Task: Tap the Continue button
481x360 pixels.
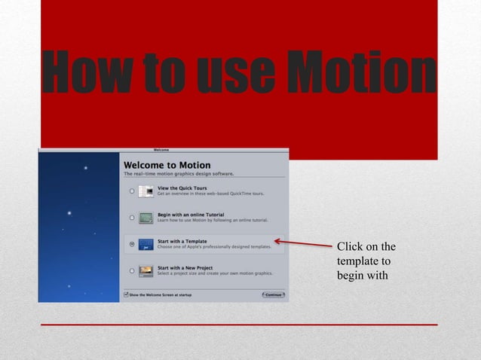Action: (273, 294)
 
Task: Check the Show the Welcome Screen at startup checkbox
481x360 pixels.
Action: (125, 294)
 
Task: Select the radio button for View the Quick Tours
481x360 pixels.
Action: (132, 191)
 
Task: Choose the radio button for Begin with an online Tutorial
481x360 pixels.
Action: (132, 218)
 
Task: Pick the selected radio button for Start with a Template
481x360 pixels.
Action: (132, 244)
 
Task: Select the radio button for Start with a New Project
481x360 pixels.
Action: (132, 270)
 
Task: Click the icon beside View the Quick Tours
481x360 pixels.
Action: (146, 191)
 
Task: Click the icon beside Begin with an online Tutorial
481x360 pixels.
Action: (146, 218)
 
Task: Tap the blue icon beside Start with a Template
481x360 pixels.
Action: (146, 244)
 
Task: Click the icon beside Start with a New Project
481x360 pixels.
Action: (146, 270)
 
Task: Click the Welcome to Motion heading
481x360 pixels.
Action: (167, 165)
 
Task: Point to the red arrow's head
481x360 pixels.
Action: (277, 241)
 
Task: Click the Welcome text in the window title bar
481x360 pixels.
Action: (162, 149)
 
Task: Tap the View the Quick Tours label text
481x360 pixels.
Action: (182, 188)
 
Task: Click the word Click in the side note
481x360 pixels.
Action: (351, 247)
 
